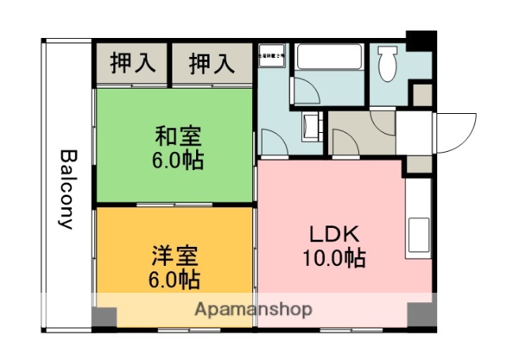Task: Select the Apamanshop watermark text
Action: click(x=253, y=309)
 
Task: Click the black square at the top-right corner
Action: click(x=421, y=39)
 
